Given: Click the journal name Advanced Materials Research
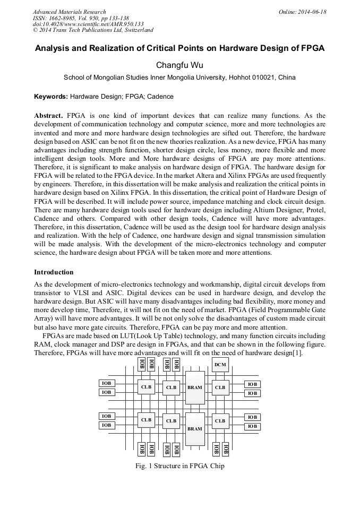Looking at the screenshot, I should tap(69, 12).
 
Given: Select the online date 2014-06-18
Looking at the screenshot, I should tap(311, 12).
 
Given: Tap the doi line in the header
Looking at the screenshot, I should tap(88, 24).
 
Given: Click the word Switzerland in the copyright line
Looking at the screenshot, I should tap(135, 30).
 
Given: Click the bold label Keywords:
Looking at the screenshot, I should tap(51, 97).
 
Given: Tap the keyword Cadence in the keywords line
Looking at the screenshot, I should tap(160, 97).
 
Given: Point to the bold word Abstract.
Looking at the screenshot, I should tap(49, 116).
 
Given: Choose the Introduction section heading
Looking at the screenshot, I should tap(54, 272).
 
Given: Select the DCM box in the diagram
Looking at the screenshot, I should tap(220, 365).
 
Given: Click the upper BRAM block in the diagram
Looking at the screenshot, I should tap(194, 387).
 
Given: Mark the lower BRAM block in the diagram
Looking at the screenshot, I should tap(194, 428).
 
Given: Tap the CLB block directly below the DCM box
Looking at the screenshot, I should tap(220, 387).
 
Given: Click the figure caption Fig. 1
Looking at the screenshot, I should tap(145, 466).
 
